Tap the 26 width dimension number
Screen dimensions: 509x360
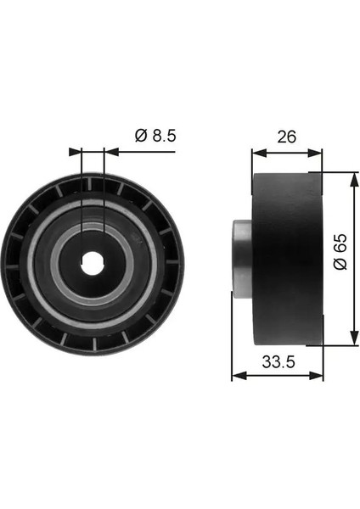pyautogui.click(x=288, y=136)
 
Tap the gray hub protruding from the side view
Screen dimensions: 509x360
pyautogui.click(x=241, y=258)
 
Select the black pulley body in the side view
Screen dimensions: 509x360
pyautogui.click(x=287, y=258)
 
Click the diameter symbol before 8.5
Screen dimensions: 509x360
pyautogui.click(x=140, y=134)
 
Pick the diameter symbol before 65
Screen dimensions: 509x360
pyautogui.click(x=338, y=268)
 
